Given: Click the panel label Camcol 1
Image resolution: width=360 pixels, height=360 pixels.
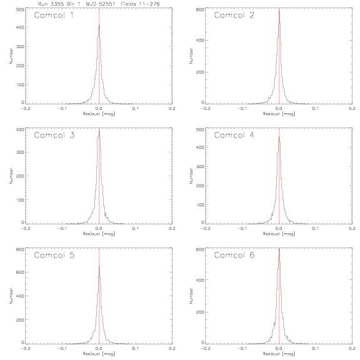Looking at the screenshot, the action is coord(54,15).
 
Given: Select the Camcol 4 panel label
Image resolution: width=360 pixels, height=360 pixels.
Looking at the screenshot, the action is coord(234,135).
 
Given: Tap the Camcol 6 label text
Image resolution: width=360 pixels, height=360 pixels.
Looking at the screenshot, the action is coord(234,255).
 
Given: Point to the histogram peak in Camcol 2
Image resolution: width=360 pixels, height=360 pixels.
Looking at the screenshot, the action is coord(279,11).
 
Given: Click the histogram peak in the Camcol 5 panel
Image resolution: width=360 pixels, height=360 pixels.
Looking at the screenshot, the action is coord(99,266).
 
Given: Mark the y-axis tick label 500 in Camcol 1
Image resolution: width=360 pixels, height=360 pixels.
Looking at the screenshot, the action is coord(20,9).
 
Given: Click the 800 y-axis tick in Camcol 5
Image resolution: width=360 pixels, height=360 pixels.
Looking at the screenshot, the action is coord(20,249).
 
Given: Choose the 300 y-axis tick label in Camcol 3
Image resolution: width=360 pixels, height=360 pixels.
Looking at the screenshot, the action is coord(20,152).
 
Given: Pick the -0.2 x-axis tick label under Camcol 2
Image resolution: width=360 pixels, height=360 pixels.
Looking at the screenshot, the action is coord(205,108).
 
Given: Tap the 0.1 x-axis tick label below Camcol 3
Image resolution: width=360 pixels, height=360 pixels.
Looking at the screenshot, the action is coord(136,229).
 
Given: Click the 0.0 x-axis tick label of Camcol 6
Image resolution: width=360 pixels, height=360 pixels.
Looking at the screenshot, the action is coord(279,349).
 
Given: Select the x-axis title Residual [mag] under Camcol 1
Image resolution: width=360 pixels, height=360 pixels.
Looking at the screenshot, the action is coord(99,114).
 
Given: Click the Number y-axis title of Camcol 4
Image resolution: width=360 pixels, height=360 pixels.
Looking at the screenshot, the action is coord(191,176).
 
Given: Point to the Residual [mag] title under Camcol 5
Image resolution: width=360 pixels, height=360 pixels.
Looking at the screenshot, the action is coord(99,354).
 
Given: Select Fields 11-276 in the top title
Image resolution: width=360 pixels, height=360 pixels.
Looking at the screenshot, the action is coord(140,4).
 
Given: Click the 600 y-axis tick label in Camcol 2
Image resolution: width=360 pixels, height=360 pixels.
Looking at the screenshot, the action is coord(200,9).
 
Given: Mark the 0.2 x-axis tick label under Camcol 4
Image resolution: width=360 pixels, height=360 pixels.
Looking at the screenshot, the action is coord(352,229).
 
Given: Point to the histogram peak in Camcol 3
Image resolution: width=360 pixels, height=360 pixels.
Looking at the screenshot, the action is coord(99,131).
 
